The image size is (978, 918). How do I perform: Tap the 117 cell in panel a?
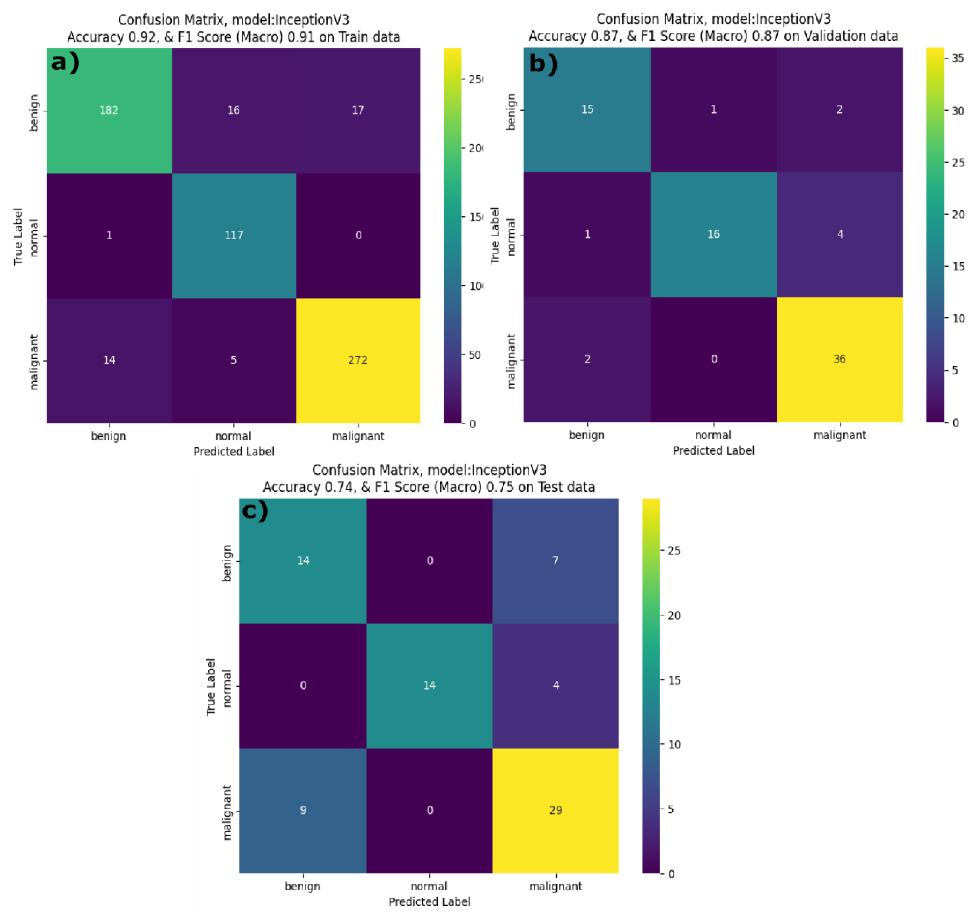point(234,235)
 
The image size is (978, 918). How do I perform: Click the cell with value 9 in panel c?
point(303,810)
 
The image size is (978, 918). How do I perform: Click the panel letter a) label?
point(65,63)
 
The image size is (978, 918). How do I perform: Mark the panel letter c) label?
point(255,511)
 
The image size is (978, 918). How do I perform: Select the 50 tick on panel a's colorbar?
point(474,355)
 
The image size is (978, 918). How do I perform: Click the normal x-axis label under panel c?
point(429,886)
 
